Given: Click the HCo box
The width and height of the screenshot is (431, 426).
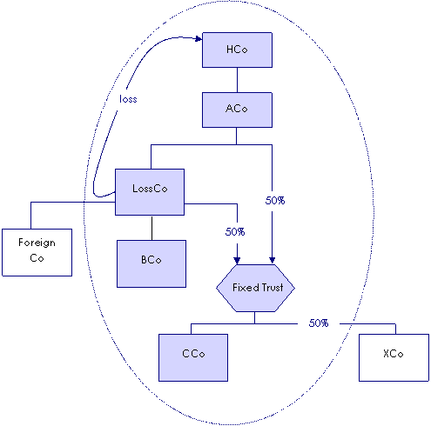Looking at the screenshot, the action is pyautogui.click(x=237, y=50).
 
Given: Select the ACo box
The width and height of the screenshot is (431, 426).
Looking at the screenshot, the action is pyautogui.click(x=237, y=110).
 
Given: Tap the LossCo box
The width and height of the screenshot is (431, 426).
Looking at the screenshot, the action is pyautogui.click(x=150, y=192).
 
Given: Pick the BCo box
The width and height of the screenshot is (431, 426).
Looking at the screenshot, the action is pyautogui.click(x=152, y=263).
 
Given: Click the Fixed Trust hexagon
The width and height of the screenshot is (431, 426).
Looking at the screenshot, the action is pyautogui.click(x=255, y=288).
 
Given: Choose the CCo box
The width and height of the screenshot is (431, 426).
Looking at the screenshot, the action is pyautogui.click(x=193, y=357).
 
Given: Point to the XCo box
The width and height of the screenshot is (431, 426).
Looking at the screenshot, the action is pyautogui.click(x=394, y=357).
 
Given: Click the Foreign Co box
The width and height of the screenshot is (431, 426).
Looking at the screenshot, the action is pyautogui.click(x=37, y=252).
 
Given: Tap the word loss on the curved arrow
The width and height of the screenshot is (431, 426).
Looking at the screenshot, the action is pyautogui.click(x=128, y=99).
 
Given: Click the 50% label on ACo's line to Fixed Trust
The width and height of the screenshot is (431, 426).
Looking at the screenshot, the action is pyautogui.click(x=275, y=201).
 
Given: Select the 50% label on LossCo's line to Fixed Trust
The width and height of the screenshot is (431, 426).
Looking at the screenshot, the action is pyautogui.click(x=235, y=232).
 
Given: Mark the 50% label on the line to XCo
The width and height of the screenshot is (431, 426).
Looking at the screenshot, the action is pyautogui.click(x=319, y=323).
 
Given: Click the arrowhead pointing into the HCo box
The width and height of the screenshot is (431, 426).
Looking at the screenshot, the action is pyautogui.click(x=199, y=38).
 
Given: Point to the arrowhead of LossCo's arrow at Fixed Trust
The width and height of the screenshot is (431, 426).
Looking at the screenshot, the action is pyautogui.click(x=237, y=261).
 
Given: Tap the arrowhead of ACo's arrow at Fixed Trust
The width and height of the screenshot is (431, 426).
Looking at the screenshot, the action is pyautogui.click(x=272, y=261).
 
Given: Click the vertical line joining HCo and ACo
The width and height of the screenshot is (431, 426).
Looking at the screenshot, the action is pyautogui.click(x=237, y=80).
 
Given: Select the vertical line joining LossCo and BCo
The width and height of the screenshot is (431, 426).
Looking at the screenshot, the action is pyautogui.click(x=152, y=228).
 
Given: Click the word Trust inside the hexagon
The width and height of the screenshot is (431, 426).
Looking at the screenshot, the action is pyautogui.click(x=273, y=288).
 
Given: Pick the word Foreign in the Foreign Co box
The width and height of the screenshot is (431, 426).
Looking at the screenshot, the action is pyautogui.click(x=37, y=243).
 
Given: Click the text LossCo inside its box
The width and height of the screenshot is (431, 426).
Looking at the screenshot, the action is pyautogui.click(x=150, y=189).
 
